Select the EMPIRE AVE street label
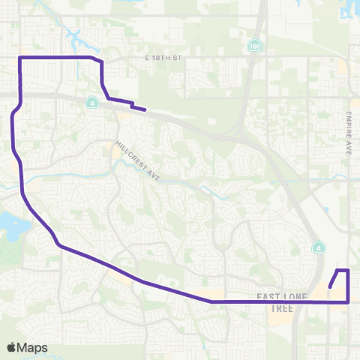(x=349, y=134)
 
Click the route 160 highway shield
(x=256, y=46)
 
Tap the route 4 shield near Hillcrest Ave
(x=92, y=103)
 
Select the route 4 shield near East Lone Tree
(x=317, y=247)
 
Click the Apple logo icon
(x=11, y=347)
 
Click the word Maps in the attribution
(x=33, y=347)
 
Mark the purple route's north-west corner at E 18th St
(x=19, y=57)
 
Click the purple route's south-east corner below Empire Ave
(x=349, y=301)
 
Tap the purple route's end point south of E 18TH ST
(x=144, y=110)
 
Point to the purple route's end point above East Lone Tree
(x=330, y=286)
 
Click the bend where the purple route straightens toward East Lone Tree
(x=212, y=301)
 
